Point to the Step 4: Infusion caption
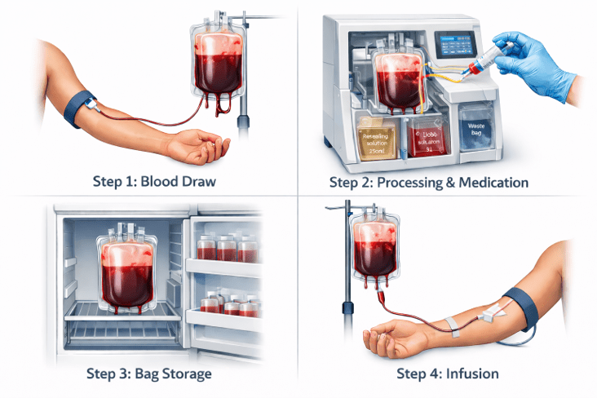(x=448, y=374)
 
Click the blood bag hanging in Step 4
(x=376, y=253)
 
